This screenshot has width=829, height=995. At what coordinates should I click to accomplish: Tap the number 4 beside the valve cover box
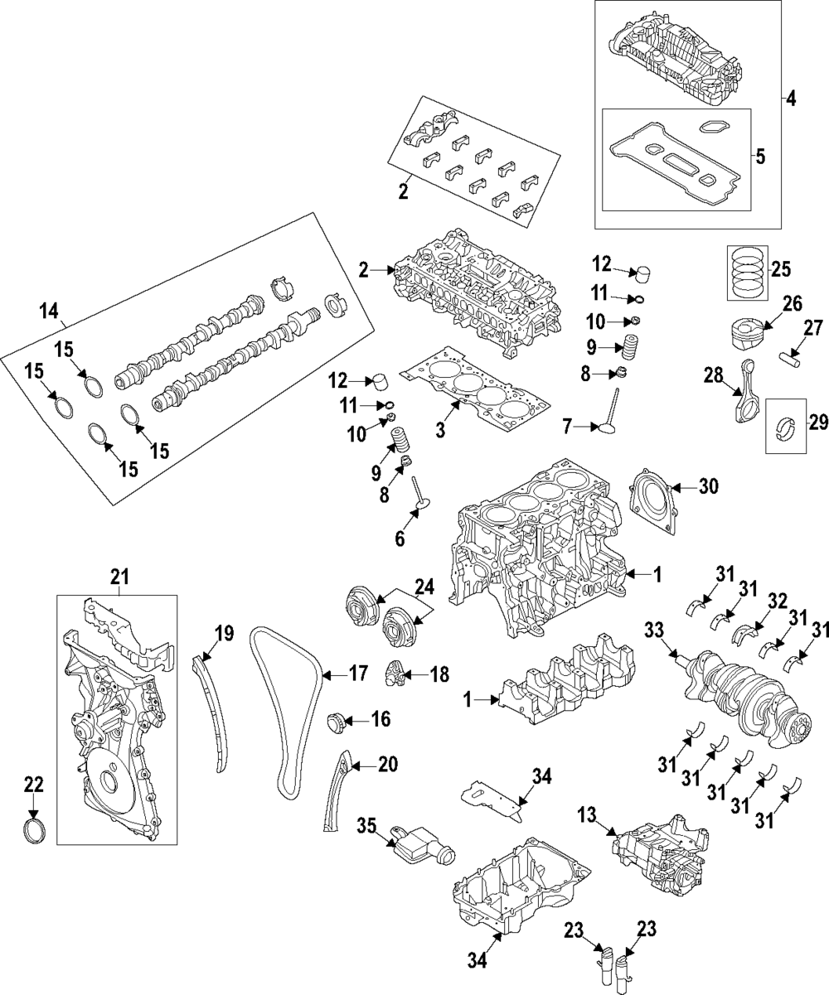[x=791, y=99]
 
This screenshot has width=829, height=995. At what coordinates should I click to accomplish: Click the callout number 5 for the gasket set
[x=760, y=157]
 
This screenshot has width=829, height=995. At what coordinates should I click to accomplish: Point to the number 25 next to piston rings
[x=781, y=270]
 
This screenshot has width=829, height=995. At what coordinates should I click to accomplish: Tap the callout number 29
[x=818, y=423]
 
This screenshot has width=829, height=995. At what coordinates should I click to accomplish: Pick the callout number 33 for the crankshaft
[x=655, y=631]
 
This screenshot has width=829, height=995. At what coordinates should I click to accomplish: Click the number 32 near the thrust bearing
[x=777, y=601]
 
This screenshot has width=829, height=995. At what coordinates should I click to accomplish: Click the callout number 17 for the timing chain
[x=358, y=674]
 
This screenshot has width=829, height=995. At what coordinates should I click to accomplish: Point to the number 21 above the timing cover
[x=119, y=577]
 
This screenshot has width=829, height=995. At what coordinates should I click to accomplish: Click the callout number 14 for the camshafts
[x=49, y=312]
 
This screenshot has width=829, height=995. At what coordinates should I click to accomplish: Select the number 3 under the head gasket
[x=439, y=429]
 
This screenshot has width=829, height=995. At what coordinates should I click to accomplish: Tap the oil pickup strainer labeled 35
[x=421, y=850]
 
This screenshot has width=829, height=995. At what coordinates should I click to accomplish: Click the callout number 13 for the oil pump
[x=587, y=815]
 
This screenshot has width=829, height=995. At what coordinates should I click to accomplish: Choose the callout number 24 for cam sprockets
[x=424, y=587]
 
